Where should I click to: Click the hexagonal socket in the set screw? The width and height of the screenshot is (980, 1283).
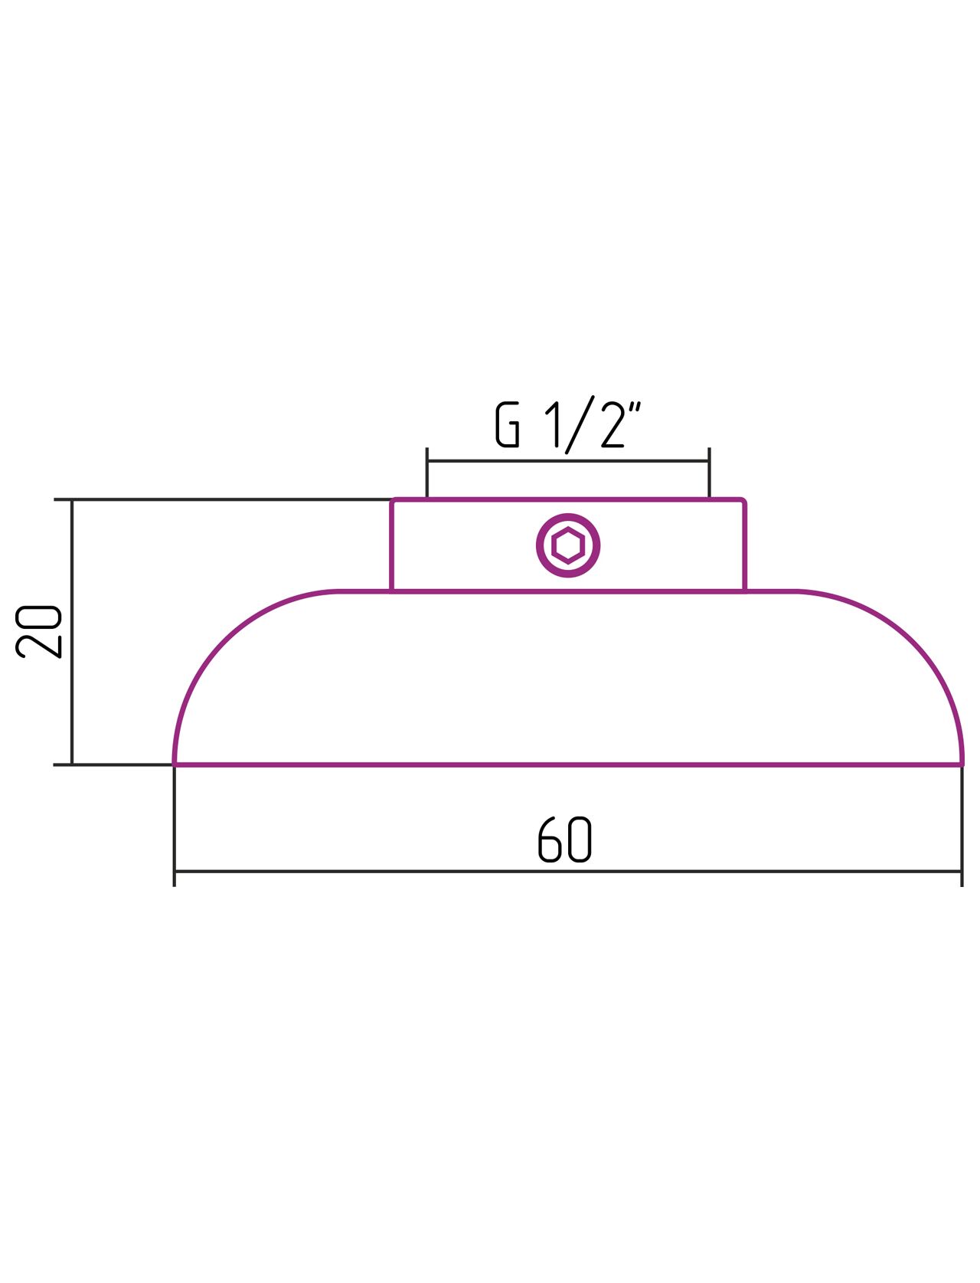(x=567, y=545)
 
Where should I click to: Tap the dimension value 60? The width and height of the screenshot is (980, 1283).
(x=564, y=840)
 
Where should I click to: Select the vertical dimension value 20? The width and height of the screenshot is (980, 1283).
(x=38, y=631)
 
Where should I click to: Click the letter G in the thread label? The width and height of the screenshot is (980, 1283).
(x=507, y=424)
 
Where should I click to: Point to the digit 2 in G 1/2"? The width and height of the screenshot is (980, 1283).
(x=612, y=424)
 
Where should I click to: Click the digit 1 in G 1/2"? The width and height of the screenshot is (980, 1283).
(x=554, y=424)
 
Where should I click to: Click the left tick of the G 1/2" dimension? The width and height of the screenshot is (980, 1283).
(x=427, y=472)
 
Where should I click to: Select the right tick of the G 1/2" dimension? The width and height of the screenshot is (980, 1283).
(x=709, y=472)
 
